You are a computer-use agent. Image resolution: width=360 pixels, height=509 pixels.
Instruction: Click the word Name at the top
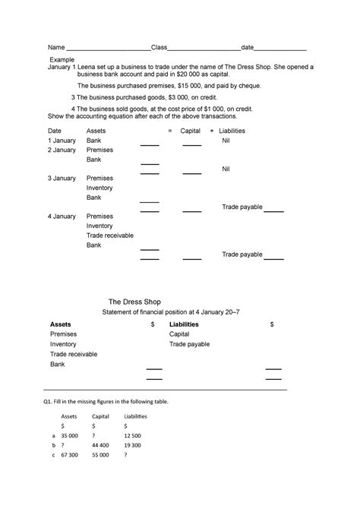coord(56,47)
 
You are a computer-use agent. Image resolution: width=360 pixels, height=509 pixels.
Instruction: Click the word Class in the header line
coord(159,47)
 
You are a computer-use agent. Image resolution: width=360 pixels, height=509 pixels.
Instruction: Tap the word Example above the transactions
coord(63,58)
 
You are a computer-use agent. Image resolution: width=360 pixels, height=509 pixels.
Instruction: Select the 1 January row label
coord(62,141)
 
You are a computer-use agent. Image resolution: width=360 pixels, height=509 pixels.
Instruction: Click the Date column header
coord(55,131)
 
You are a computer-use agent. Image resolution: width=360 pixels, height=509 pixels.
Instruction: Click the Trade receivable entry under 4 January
coord(110,236)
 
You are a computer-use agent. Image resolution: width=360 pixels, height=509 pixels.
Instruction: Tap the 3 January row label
coord(62,179)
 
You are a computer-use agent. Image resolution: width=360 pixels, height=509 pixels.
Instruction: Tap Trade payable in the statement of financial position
coord(189,344)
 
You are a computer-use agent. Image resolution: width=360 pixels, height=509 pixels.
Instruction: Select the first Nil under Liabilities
coord(226,141)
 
